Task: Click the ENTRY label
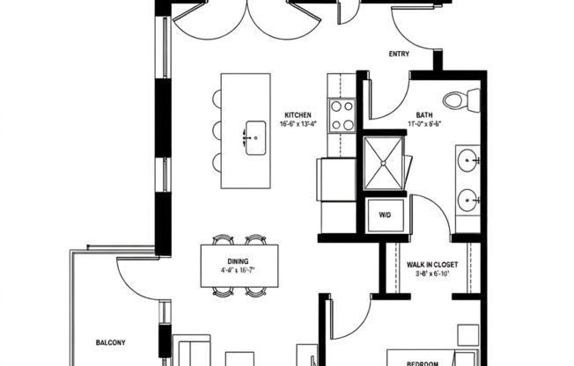coord(399,54)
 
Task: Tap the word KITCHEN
coord(297,114)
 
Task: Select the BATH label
coord(423,114)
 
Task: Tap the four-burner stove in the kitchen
coord(341,115)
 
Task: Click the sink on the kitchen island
coord(254,138)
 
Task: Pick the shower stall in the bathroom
coord(382,164)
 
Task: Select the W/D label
coord(385,215)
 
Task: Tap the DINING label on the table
coord(237,261)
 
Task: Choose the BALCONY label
coord(112,342)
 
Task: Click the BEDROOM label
coord(423,362)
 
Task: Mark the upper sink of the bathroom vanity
coord(467,160)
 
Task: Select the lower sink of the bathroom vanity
coord(467,199)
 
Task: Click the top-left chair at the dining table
coord(220,239)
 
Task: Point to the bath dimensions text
coord(423,124)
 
